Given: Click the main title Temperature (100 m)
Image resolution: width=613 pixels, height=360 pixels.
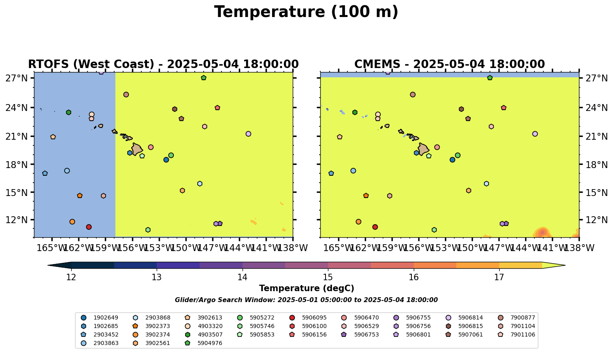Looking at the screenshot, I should click(x=306, y=12).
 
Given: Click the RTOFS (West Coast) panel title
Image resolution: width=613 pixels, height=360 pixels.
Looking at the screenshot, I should click(x=163, y=64).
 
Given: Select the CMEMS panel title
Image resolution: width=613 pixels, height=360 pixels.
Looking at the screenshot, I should click(x=449, y=64).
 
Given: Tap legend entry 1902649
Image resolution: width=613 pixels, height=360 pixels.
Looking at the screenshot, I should click(x=102, y=317).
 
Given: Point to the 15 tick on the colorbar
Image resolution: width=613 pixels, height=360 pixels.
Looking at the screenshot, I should click(x=328, y=277).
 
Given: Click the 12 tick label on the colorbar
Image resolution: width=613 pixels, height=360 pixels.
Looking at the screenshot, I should click(x=71, y=277).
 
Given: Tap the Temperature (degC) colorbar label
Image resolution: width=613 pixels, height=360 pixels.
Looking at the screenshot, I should click(x=306, y=288).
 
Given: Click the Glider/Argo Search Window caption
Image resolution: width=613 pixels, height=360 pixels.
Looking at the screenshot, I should click(x=306, y=300).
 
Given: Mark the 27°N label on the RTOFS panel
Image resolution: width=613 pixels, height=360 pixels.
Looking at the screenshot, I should click(x=17, y=78).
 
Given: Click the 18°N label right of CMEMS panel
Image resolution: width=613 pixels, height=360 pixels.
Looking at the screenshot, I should click(x=596, y=165).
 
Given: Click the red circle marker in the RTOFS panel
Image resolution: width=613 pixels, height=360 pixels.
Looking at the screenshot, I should click(x=89, y=227).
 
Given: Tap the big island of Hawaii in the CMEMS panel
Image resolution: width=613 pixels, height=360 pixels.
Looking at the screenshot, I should click(x=423, y=149).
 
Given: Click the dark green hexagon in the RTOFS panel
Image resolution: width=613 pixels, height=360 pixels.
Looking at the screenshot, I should click(x=68, y=112).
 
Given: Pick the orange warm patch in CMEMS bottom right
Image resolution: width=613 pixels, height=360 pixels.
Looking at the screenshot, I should click(x=542, y=233).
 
